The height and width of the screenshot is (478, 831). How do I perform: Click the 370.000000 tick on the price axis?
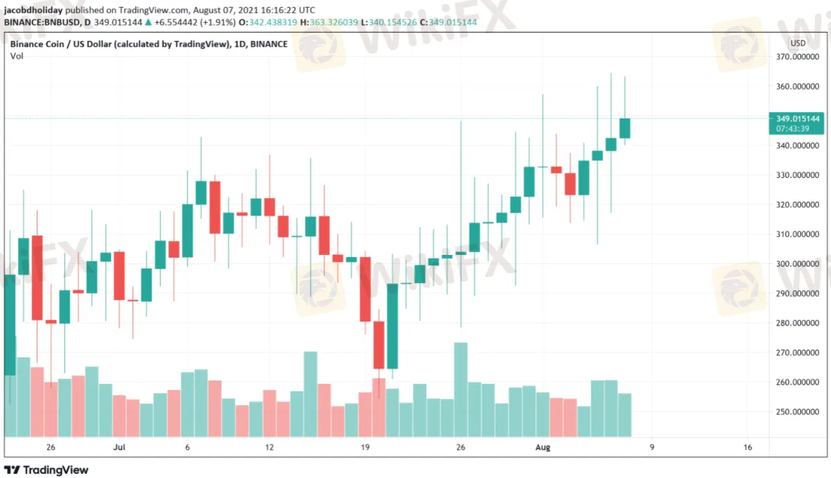(x=797, y=57)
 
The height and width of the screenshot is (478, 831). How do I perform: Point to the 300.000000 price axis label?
(x=797, y=264)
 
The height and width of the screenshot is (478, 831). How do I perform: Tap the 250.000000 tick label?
(x=797, y=411)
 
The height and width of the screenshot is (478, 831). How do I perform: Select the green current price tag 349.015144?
(x=796, y=123)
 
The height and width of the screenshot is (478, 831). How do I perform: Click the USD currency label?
(x=798, y=44)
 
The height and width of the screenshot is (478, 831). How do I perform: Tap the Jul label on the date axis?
(x=119, y=448)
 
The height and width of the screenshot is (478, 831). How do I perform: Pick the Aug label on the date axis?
(x=543, y=448)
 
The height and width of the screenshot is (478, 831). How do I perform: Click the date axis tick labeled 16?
(x=747, y=448)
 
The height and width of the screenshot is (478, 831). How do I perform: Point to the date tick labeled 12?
(x=269, y=448)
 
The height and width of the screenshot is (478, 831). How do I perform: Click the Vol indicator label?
(x=17, y=56)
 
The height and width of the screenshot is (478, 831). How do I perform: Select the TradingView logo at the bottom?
(x=46, y=470)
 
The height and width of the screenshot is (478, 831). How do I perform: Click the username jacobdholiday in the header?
(x=33, y=10)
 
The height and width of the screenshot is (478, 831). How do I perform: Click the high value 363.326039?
(x=333, y=22)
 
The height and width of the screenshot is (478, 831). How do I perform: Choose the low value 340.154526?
(x=393, y=22)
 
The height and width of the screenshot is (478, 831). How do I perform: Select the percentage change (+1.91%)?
(x=218, y=22)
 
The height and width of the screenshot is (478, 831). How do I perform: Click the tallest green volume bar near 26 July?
(x=460, y=389)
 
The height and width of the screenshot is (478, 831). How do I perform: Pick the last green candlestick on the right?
(x=625, y=128)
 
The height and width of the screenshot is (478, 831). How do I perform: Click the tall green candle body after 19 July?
(x=392, y=326)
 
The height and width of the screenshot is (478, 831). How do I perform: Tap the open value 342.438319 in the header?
(x=273, y=22)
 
